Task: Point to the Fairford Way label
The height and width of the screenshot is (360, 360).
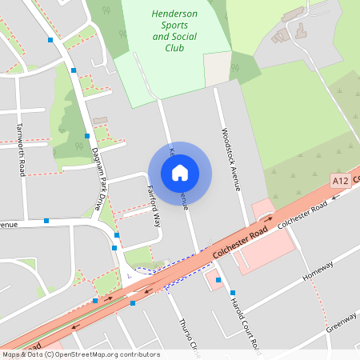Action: [154, 206]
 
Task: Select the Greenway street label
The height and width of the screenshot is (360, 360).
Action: [341, 321]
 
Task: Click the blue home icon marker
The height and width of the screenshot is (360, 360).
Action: [180, 173]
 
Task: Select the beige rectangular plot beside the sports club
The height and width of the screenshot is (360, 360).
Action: [218, 69]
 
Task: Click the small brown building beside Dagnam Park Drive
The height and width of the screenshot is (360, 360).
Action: [100, 121]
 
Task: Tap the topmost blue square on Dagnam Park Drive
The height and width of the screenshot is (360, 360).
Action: [51, 38]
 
